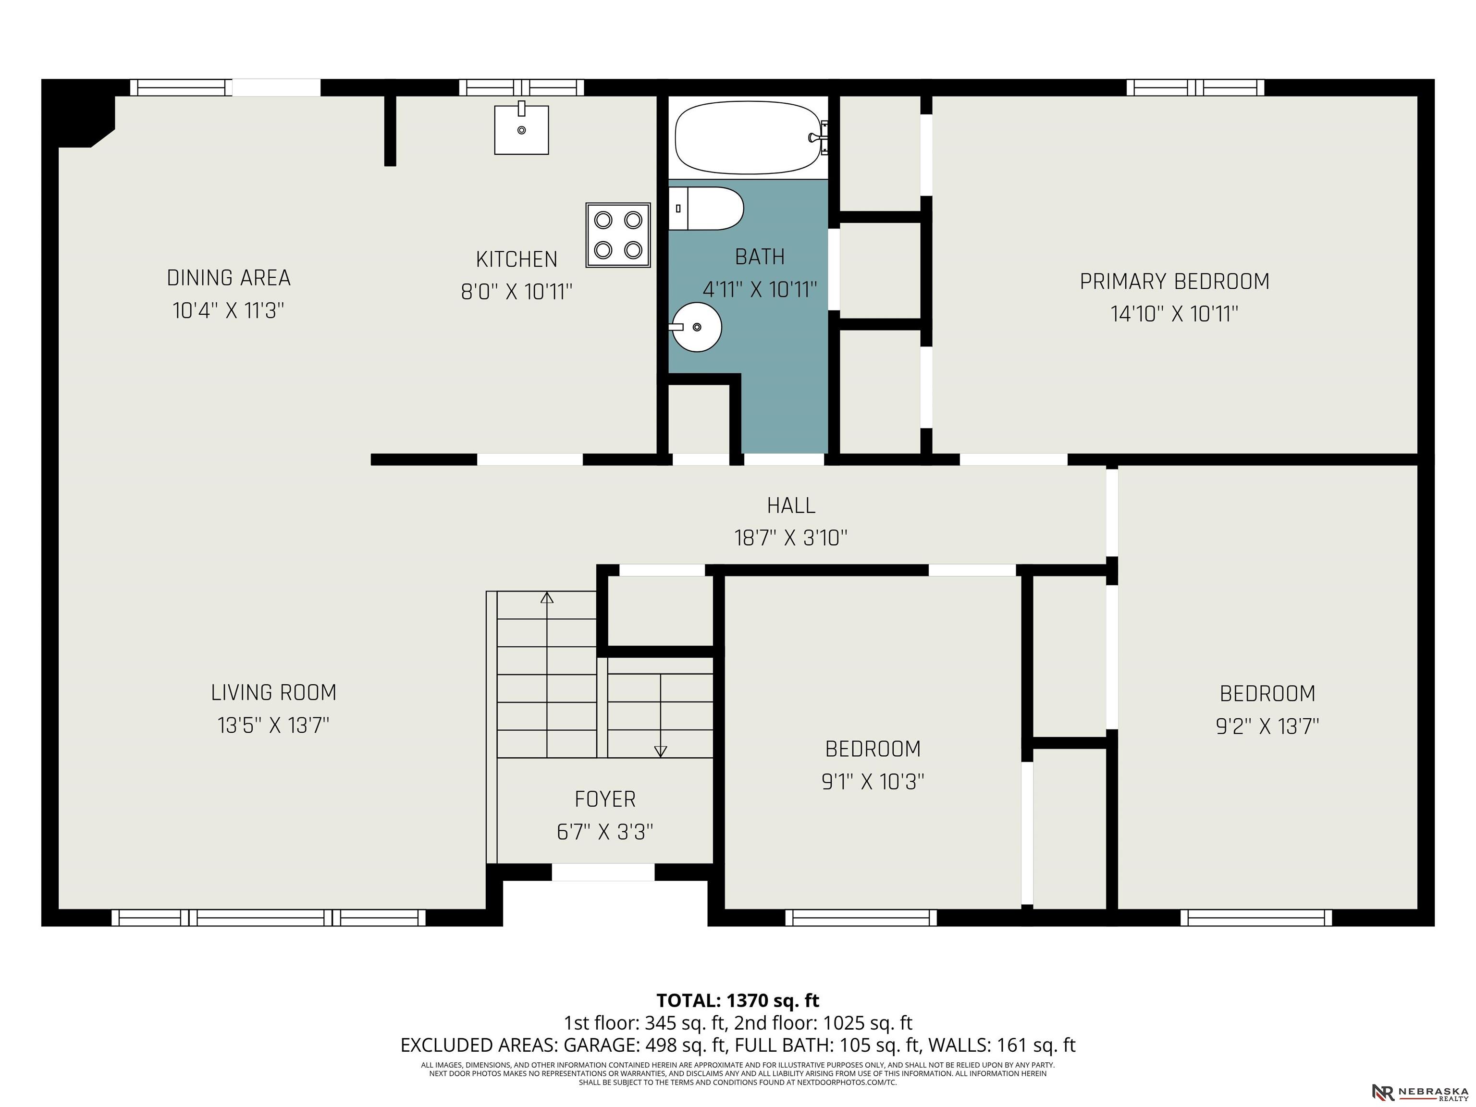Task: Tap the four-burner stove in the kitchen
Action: coord(618,235)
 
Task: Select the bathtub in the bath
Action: coord(748,137)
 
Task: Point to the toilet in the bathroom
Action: coord(706,208)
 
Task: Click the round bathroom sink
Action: coord(696,327)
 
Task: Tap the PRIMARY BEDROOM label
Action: coord(1174,282)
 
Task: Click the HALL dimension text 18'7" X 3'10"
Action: coord(791,538)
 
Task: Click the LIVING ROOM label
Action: coord(273,693)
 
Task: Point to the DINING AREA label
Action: coord(228,278)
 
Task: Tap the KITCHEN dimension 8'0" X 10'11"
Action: coord(517,292)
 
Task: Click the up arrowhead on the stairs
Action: coord(547,597)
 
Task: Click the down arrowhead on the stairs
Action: coord(661,751)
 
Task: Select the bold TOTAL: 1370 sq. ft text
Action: coord(738,1000)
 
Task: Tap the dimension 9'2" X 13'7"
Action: coord(1267,726)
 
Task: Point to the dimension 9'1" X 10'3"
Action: coord(873,781)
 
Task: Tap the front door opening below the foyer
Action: coord(603,872)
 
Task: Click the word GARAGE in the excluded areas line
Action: coord(594,1045)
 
